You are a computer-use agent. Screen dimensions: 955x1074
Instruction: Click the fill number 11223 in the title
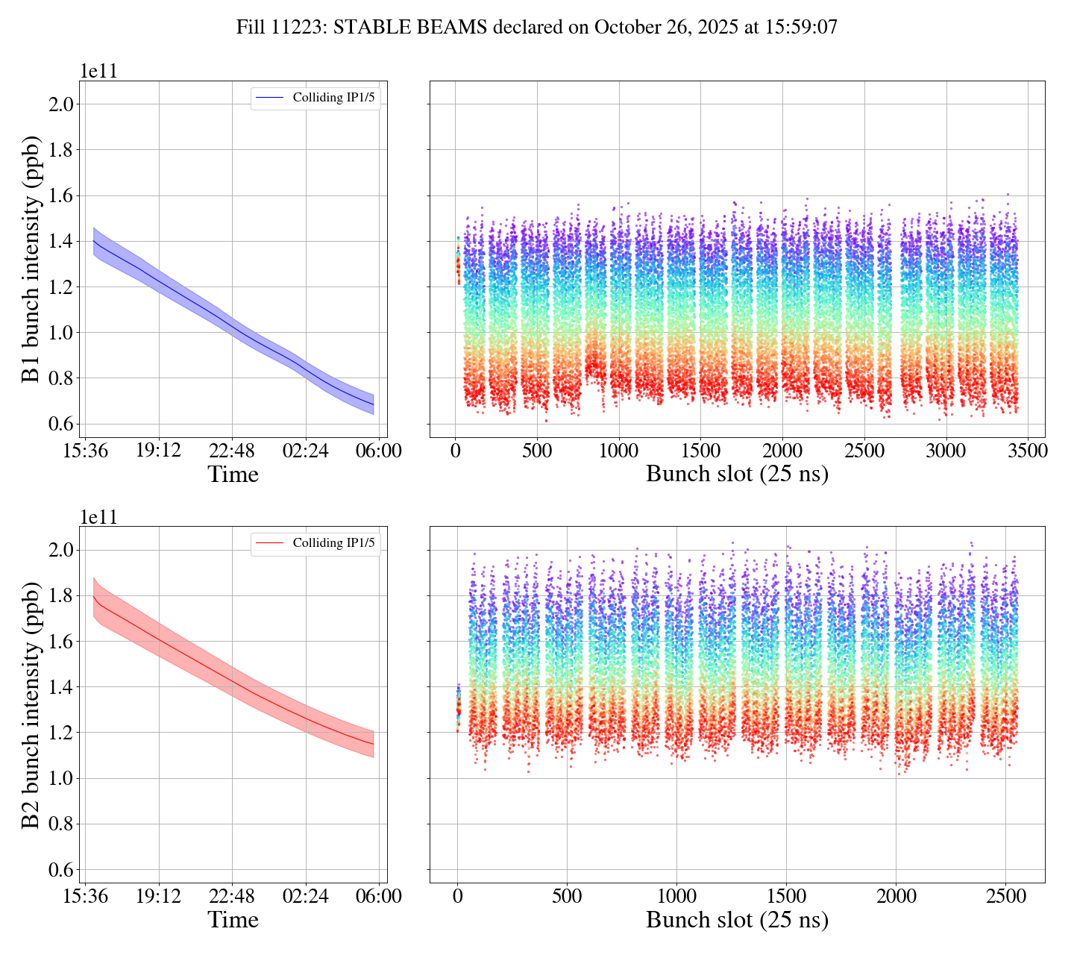point(299,28)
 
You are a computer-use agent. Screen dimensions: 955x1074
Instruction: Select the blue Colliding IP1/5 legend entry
point(315,97)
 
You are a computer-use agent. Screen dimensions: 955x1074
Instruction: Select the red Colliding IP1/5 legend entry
point(315,543)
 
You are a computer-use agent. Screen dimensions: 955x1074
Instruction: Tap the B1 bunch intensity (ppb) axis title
point(31,259)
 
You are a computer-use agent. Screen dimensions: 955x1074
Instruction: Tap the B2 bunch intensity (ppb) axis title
point(31,705)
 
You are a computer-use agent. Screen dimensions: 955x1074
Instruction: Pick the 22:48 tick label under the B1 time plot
point(232,451)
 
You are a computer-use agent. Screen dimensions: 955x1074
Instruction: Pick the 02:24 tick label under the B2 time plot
point(306,897)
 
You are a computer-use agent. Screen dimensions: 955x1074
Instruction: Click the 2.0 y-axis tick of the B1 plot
point(62,104)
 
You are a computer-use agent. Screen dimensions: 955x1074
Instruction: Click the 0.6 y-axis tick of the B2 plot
point(62,870)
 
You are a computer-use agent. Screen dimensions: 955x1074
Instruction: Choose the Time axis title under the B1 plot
point(233,475)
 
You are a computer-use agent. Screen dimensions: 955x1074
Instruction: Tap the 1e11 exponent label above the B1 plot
point(99,72)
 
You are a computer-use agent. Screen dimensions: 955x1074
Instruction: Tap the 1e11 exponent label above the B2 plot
point(99,518)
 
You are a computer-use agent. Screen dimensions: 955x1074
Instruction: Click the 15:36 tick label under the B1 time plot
point(84,451)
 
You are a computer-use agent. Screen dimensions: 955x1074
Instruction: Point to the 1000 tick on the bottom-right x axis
point(676,897)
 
